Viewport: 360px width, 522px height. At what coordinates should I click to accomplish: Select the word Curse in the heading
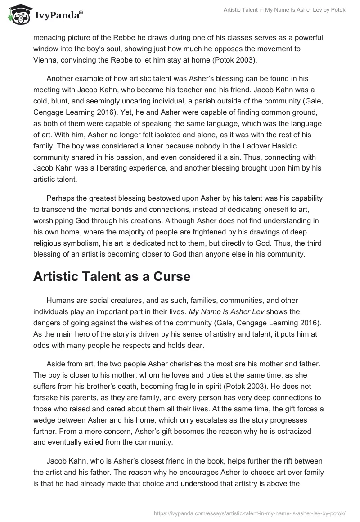pos(167,277)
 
